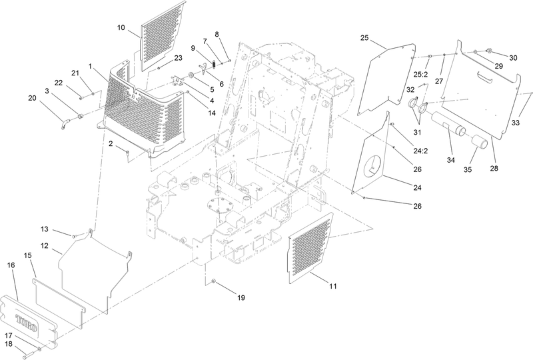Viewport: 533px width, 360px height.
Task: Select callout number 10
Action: point(121,27)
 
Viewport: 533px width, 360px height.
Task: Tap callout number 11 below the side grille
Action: point(332,286)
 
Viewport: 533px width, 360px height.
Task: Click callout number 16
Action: point(11,265)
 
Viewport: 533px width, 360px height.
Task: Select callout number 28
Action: point(493,169)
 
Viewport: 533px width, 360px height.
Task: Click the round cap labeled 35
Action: point(480,143)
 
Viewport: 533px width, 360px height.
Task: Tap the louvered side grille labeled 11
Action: point(310,247)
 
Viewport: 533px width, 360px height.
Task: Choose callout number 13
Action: point(63,229)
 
